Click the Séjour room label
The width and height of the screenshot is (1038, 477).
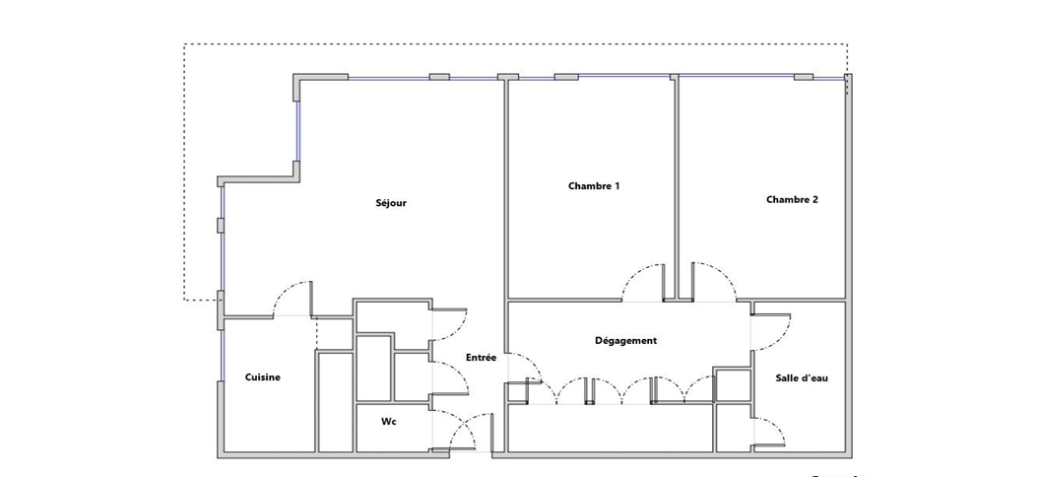(391, 203)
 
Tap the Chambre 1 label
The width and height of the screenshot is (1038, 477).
(594, 186)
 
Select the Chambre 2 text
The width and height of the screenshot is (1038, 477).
(792, 199)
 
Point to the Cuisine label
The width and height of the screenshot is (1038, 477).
(263, 377)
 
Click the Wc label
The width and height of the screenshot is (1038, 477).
(389, 422)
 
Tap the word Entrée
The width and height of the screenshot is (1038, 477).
(481, 357)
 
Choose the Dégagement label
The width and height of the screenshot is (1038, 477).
(625, 341)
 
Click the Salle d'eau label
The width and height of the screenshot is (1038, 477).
(802, 378)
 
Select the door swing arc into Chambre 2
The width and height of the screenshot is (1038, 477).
(723, 273)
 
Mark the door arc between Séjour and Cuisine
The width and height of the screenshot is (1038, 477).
(285, 290)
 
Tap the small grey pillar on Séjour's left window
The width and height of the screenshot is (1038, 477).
(221, 226)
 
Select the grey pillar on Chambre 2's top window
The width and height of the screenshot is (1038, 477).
(804, 77)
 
